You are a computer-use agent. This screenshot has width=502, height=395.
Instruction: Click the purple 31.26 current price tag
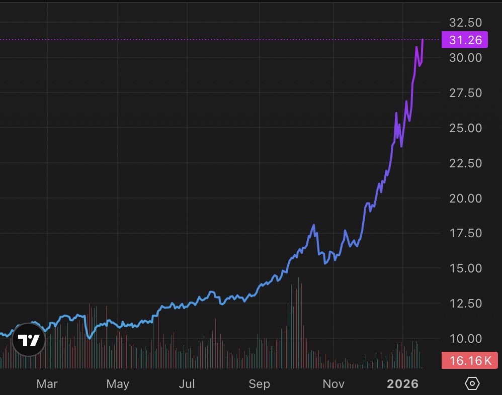pos(464,39)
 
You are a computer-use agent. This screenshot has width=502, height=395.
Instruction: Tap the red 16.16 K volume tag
pos(469,360)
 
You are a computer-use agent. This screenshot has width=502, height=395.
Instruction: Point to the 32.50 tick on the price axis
pos(465,23)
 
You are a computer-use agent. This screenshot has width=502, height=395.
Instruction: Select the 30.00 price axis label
pos(465,58)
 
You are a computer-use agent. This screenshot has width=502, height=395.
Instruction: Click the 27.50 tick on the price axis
pos(465,93)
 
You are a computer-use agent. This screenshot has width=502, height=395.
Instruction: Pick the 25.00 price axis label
pos(465,128)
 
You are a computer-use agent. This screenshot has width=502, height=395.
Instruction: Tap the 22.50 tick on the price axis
pos(465,163)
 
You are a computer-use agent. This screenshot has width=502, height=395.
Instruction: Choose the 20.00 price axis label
pos(465,199)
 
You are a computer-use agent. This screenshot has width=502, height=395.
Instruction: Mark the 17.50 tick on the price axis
pos(465,233)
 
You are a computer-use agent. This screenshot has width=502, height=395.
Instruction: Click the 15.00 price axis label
pos(465,268)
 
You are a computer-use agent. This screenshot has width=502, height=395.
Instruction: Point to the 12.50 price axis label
pos(465,304)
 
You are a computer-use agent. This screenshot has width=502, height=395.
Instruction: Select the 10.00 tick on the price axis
pos(465,339)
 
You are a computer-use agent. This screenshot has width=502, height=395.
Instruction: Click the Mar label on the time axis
pos(47,384)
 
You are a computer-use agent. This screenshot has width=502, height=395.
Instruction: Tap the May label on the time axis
pos(118,384)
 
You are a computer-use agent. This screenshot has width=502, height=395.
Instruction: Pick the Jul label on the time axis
pos(187,384)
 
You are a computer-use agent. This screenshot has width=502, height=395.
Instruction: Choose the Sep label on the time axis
pos(259,384)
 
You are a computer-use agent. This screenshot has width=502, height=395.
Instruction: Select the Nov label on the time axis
pos(333,384)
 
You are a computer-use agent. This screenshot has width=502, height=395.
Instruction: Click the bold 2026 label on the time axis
pos(402,384)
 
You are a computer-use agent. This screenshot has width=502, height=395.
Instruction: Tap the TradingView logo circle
pos(28,341)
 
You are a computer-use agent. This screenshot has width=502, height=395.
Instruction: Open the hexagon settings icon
pos(472,384)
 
